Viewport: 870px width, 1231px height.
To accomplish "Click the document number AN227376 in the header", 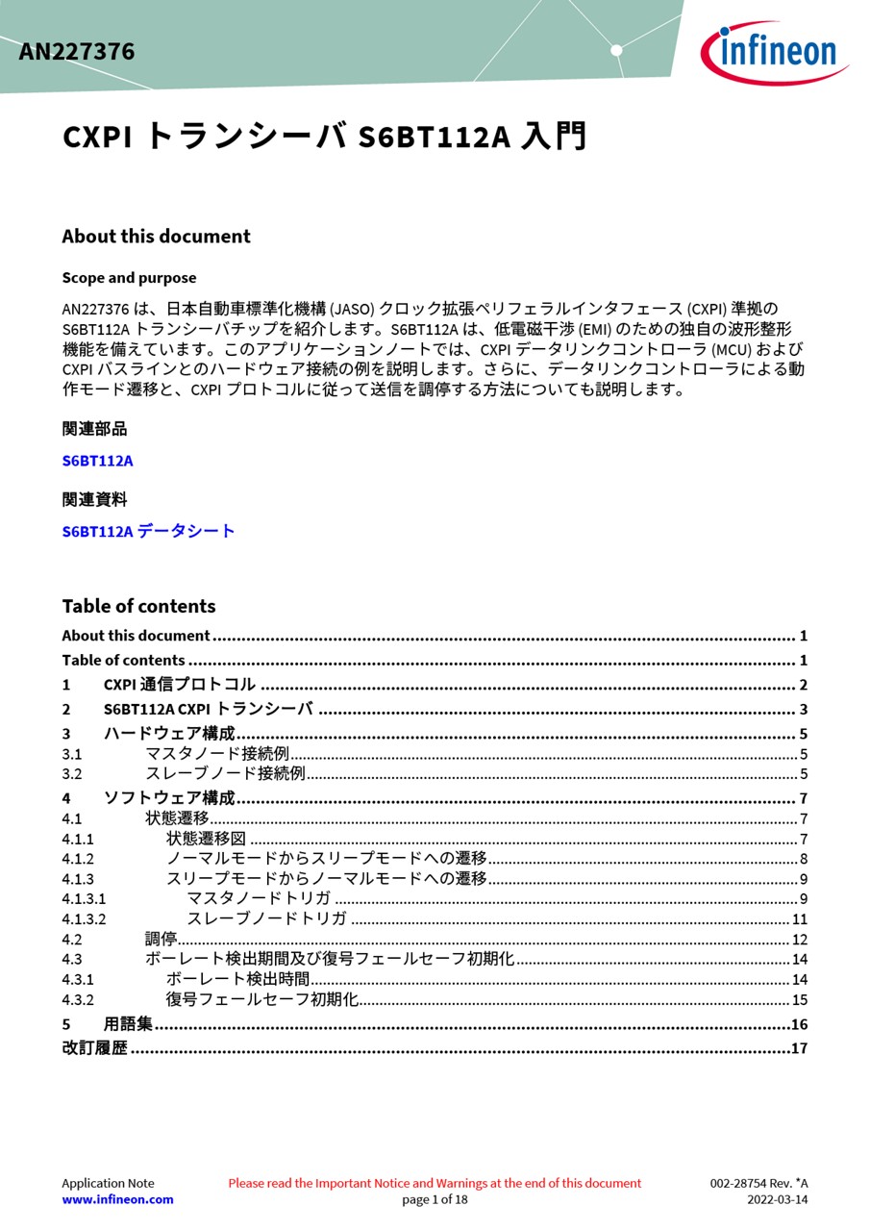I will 77,52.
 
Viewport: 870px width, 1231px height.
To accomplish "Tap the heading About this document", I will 156,237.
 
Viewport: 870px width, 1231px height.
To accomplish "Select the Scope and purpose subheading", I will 129,278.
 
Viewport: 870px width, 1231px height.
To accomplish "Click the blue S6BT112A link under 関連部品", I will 97,461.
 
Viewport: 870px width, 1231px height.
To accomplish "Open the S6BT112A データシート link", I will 148,531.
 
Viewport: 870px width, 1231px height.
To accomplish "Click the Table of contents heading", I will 138,606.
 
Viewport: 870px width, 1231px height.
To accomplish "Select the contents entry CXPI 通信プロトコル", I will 179,685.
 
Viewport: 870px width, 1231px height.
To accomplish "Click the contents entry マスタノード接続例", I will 216,754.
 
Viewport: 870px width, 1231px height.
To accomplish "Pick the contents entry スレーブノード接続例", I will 224,773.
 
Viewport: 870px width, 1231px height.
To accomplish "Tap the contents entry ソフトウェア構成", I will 168,798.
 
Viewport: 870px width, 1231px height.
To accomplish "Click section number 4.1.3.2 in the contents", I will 84,919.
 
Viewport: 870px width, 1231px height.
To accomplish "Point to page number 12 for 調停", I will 799,940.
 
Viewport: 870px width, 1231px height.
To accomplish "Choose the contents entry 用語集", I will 128,1024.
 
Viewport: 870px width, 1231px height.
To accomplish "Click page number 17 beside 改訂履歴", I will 799,1048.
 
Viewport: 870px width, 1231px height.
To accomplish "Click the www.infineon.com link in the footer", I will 117,1199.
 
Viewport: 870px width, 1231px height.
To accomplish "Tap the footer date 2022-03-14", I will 777,1199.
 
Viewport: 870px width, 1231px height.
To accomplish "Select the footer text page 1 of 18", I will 435,1199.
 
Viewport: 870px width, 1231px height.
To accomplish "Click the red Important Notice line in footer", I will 435,1183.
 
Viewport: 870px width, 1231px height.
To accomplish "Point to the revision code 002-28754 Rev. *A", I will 758,1183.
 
